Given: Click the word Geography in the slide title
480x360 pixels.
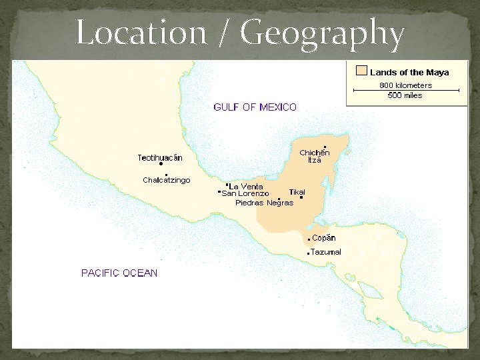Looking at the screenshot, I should (x=323, y=33).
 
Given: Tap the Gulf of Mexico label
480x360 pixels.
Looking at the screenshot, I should (x=255, y=107).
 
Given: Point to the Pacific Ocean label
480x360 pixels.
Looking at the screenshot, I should (x=119, y=273).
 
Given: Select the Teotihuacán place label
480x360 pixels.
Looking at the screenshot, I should (x=160, y=157).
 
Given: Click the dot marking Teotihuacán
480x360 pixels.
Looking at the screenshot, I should (x=161, y=164).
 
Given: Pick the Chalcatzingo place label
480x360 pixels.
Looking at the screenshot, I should (x=166, y=180).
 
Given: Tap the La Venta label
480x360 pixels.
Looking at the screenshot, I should (x=246, y=186).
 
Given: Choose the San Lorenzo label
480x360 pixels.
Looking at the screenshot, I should (x=245, y=193).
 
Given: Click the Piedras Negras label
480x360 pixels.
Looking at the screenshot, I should (x=264, y=203).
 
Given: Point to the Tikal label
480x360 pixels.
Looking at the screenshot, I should (x=297, y=192).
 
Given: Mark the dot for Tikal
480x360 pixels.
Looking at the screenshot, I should (x=301, y=197).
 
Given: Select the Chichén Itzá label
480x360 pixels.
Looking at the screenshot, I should (x=314, y=156).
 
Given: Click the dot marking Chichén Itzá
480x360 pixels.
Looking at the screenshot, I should (x=325, y=147).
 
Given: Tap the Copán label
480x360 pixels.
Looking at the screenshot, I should (x=323, y=238).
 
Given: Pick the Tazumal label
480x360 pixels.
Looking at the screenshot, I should (x=326, y=252).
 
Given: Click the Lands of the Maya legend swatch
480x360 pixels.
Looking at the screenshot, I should (x=361, y=71).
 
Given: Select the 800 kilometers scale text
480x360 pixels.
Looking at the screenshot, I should (x=405, y=85).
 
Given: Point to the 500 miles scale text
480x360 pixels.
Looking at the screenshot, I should (x=405, y=95).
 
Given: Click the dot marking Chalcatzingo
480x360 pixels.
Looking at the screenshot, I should (x=166, y=175).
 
